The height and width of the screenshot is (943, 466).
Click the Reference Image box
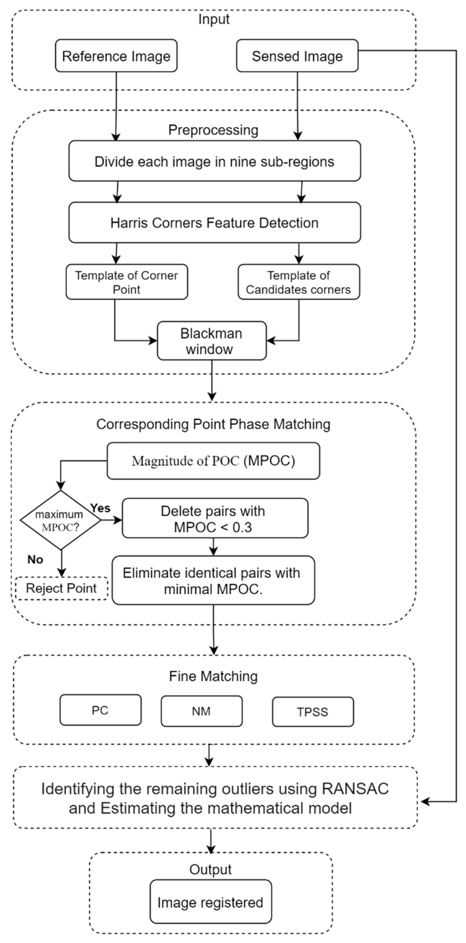point(116,56)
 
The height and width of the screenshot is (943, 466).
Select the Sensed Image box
point(297,56)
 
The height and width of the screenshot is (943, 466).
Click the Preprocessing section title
point(213,130)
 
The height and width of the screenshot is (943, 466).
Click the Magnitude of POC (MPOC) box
point(213,461)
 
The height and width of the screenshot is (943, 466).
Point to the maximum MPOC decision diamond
point(60,520)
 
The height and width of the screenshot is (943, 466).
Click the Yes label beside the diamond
point(100,508)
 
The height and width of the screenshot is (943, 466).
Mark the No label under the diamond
point(35,559)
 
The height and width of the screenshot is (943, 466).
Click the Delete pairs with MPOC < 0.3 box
point(215,518)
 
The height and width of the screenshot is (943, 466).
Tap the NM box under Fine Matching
point(202,711)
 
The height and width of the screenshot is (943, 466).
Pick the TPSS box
point(313,712)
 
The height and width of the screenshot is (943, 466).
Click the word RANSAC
point(355,788)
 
